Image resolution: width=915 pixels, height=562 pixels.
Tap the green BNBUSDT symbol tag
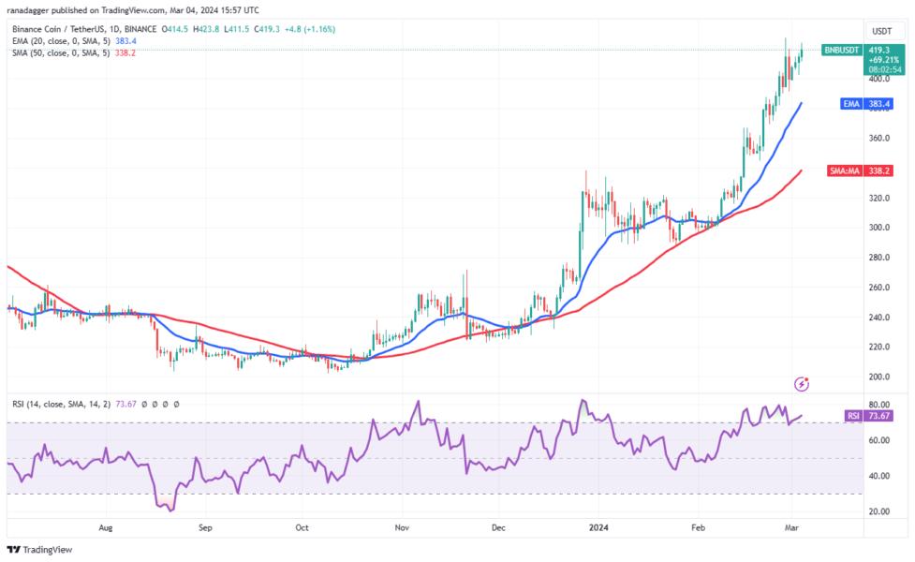(842, 49)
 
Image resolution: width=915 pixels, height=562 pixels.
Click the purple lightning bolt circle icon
(802, 384)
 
